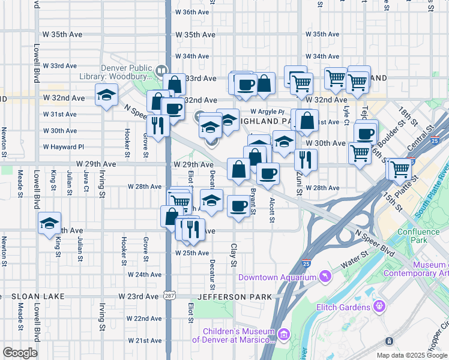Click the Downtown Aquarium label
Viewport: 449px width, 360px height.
[277, 277]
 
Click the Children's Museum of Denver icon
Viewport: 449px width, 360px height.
[284, 334]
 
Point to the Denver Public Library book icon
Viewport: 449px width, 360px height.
[161, 70]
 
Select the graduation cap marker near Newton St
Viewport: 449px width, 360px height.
[49, 223]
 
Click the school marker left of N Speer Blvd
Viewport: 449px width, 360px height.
[106, 95]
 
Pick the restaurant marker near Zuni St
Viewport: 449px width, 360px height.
[306, 160]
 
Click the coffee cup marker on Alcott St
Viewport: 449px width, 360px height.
[268, 174]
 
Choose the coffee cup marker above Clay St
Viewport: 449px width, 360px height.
[238, 206]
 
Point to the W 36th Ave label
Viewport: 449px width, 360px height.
[192, 12]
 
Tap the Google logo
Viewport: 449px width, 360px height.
[20, 353]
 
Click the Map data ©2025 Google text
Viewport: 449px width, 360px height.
[412, 355]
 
